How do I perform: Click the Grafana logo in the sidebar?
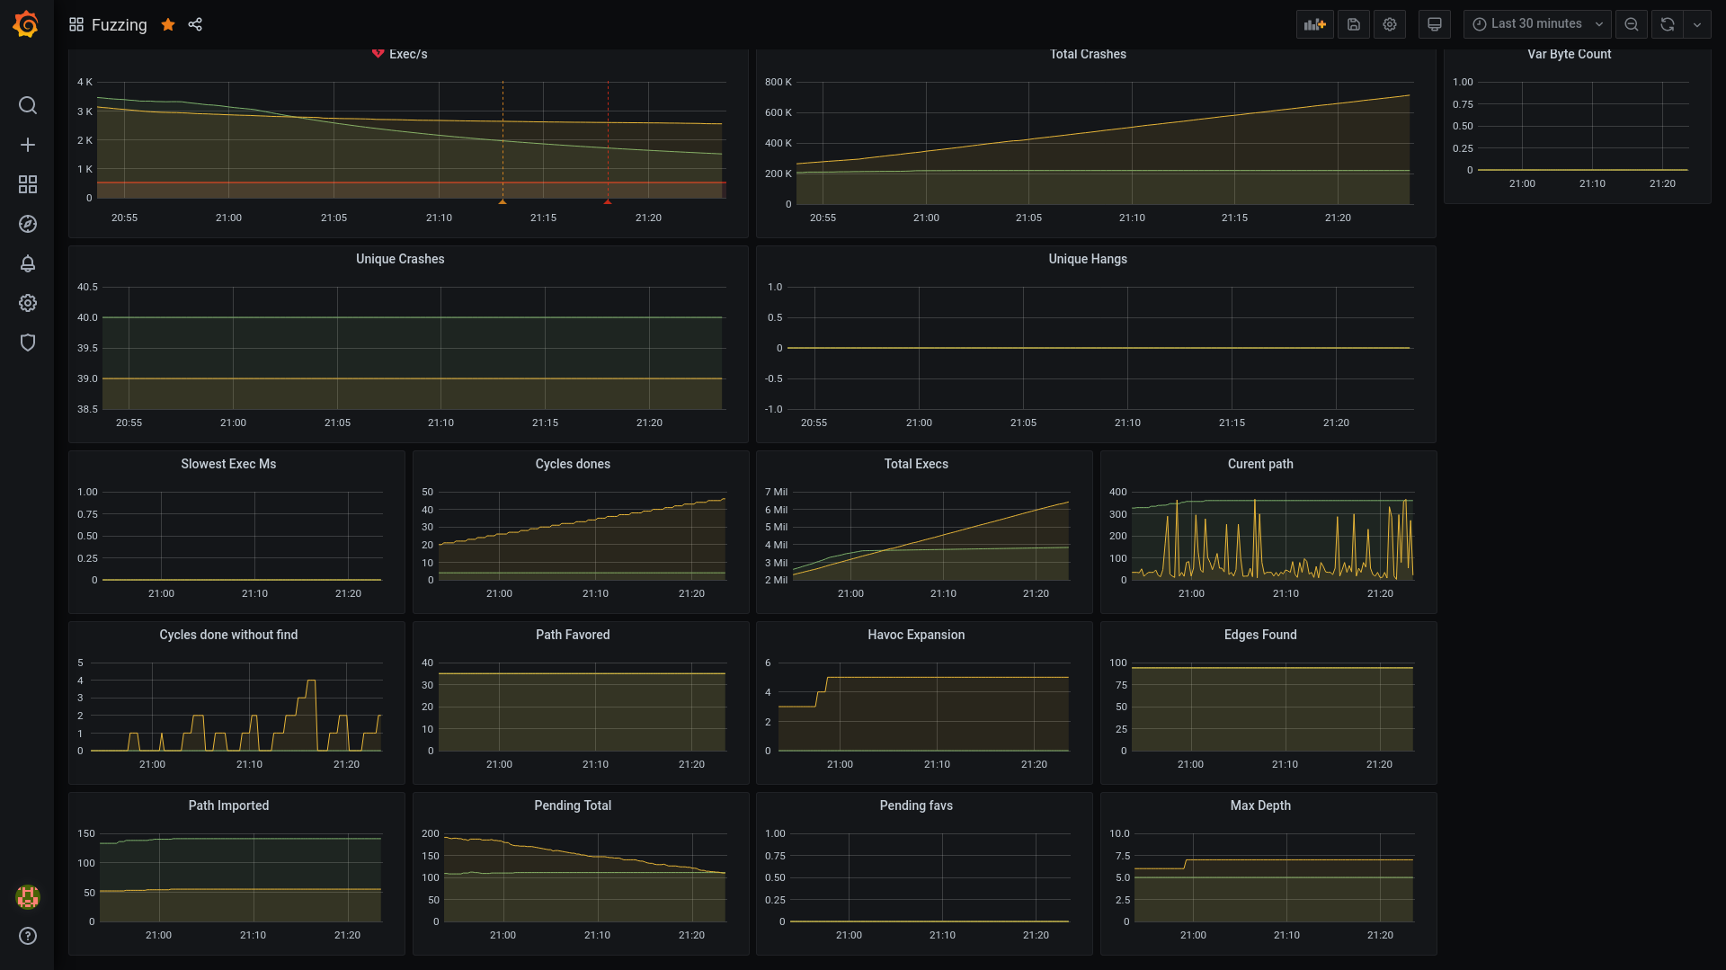26,24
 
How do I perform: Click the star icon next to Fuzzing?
168,24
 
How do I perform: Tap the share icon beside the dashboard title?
195,24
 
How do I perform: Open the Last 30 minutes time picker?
1536,24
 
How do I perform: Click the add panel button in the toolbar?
1315,24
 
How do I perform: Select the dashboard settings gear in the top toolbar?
1390,24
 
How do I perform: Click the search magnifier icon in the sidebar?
28,105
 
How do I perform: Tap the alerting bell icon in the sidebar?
28,263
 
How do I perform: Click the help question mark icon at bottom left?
28,936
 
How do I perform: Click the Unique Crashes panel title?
400,259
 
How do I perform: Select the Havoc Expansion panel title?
916,635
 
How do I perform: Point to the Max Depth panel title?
1260,805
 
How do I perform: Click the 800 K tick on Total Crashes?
778,82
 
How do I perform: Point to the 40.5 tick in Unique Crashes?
87,287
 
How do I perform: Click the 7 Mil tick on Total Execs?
776,492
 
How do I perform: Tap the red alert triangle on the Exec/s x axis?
608,202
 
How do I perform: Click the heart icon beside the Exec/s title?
378,54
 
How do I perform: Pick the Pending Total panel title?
573,805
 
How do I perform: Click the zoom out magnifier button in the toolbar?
1632,24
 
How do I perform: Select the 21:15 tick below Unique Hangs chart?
1232,423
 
